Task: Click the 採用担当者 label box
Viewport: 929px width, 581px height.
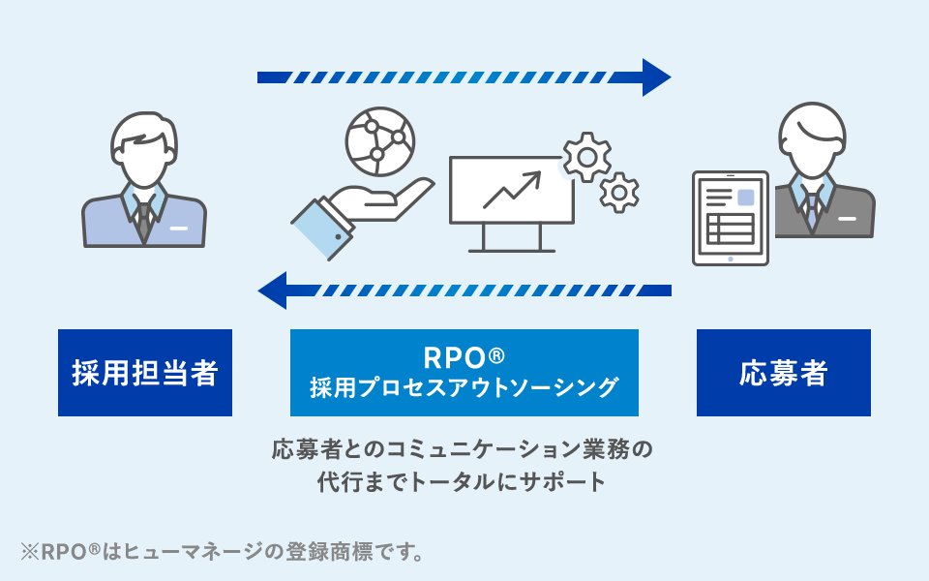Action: tap(145, 372)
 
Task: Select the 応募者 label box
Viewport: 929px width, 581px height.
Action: tap(783, 372)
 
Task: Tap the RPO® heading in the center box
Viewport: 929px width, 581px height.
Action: tap(464, 357)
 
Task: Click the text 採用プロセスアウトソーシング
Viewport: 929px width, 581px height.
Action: tap(464, 387)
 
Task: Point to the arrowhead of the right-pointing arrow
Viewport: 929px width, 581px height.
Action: tap(656, 77)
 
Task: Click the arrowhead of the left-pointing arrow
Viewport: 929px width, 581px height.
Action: tap(273, 290)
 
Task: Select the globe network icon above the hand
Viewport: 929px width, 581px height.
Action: tap(380, 141)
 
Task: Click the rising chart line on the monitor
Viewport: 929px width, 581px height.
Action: tap(512, 190)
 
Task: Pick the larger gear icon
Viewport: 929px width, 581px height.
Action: tap(587, 157)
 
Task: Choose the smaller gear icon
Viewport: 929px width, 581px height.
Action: tap(619, 193)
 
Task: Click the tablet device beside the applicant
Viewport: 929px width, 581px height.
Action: tap(731, 218)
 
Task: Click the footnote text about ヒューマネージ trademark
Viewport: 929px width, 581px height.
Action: tap(223, 552)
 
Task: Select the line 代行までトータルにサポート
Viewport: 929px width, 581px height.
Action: tap(462, 481)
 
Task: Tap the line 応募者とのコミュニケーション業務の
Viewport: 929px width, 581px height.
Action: tap(463, 449)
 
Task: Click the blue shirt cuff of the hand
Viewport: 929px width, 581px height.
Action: tap(322, 229)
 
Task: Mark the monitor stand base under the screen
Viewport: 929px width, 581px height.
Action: tap(512, 251)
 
